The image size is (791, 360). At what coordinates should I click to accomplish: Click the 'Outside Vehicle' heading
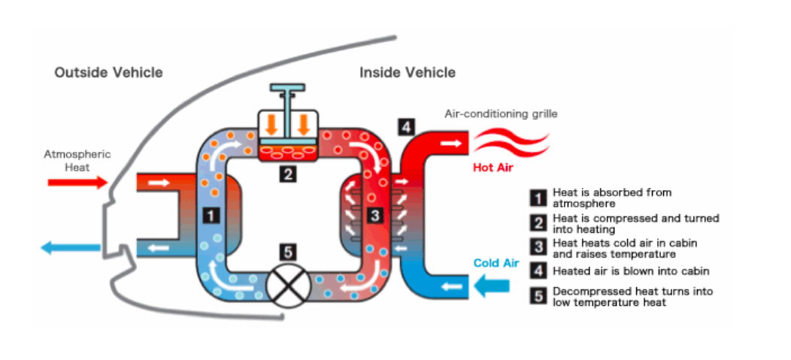108,73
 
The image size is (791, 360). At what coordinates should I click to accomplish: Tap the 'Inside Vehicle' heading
407,73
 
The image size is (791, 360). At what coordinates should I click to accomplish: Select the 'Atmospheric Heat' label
77,160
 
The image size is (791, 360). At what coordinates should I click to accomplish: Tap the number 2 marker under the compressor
287,174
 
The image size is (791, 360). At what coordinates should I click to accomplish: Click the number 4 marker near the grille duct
407,128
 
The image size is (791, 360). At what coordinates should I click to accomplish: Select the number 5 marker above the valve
287,253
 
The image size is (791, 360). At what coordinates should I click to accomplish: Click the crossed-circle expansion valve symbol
287,287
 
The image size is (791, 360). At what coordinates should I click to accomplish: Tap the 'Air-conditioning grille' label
501,114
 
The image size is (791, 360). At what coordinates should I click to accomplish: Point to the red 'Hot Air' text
492,167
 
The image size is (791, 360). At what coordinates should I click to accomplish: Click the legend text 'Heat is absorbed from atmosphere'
611,198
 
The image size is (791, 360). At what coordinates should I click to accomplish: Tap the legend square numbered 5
538,296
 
